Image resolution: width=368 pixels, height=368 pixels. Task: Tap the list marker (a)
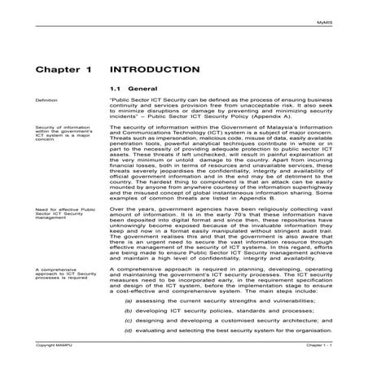pyautogui.click(x=128, y=300)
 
